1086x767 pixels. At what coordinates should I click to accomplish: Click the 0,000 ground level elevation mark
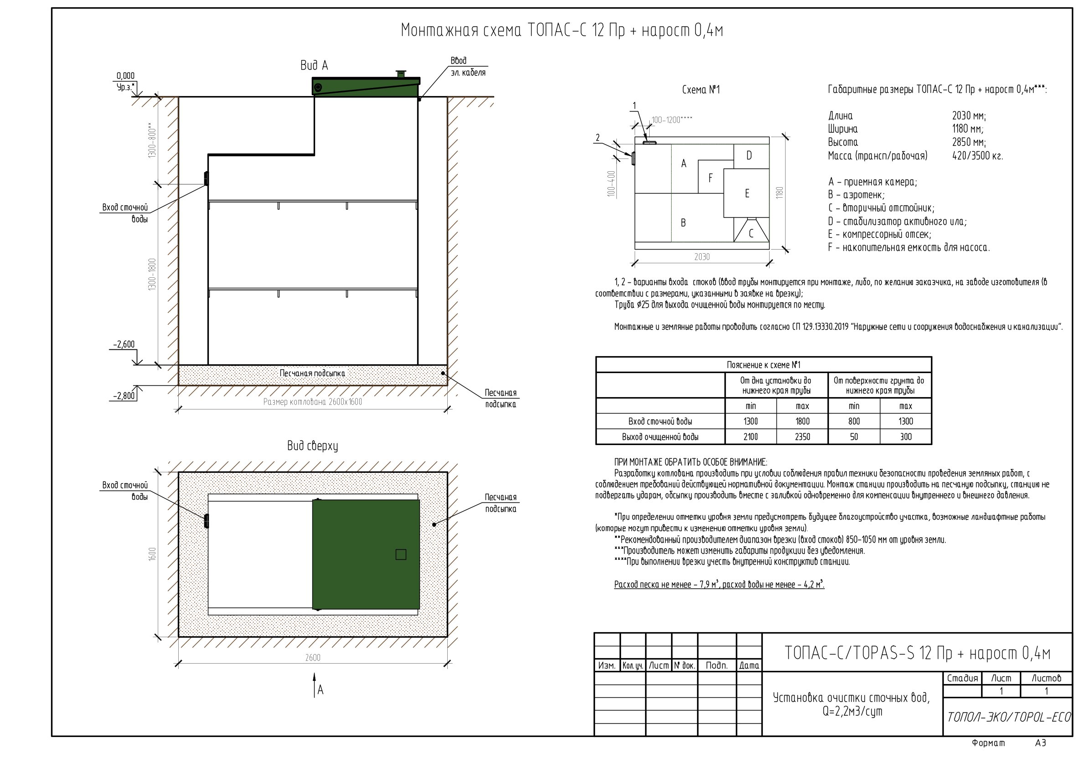click(x=125, y=76)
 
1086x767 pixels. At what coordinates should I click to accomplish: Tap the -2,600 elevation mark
click(x=124, y=344)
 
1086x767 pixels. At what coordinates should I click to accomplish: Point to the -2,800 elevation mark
click(x=124, y=396)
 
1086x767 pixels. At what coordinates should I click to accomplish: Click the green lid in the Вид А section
click(x=366, y=87)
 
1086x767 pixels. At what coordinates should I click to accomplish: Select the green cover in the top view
click(x=366, y=554)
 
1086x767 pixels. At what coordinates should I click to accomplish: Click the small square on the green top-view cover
click(x=401, y=554)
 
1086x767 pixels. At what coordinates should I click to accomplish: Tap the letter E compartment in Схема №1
click(x=747, y=193)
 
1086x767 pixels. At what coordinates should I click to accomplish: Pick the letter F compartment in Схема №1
click(x=710, y=178)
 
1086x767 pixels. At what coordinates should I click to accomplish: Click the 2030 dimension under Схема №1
click(x=702, y=256)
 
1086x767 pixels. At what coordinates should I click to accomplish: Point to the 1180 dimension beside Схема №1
click(x=780, y=193)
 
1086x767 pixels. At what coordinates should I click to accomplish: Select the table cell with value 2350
click(x=802, y=437)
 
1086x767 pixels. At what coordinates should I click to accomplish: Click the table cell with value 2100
click(x=750, y=437)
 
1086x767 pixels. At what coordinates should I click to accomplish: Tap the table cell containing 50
click(x=854, y=437)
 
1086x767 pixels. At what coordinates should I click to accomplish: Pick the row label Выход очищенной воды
click(x=660, y=437)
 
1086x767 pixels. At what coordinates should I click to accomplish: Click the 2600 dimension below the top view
click(x=313, y=657)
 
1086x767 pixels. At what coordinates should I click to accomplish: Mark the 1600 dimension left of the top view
click(x=152, y=554)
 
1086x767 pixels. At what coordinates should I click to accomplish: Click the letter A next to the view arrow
click(x=321, y=690)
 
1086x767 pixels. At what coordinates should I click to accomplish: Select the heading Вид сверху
click(x=313, y=445)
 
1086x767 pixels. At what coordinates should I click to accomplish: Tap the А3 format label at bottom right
click(x=1040, y=743)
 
